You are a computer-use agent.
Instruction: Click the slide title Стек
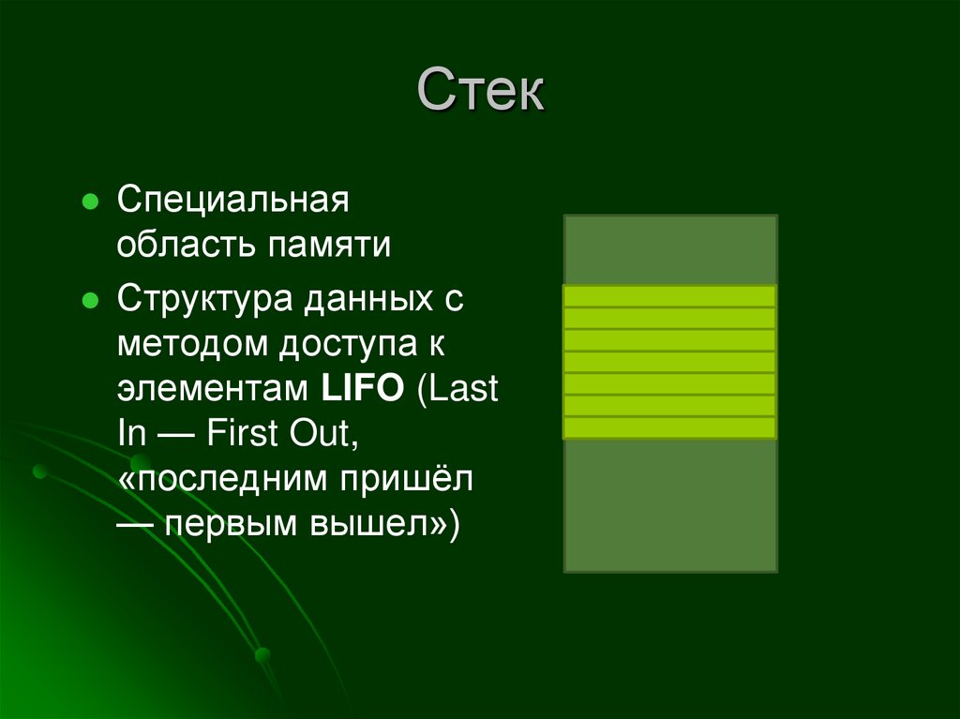pyautogui.click(x=480, y=94)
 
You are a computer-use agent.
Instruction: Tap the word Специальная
pyautogui.click(x=232, y=201)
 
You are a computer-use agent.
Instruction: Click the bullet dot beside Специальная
pyautogui.click(x=90, y=202)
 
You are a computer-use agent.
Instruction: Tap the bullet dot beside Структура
pyautogui.click(x=90, y=301)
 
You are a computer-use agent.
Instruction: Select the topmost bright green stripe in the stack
pyautogui.click(x=669, y=296)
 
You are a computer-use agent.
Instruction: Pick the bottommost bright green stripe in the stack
pyautogui.click(x=669, y=428)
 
